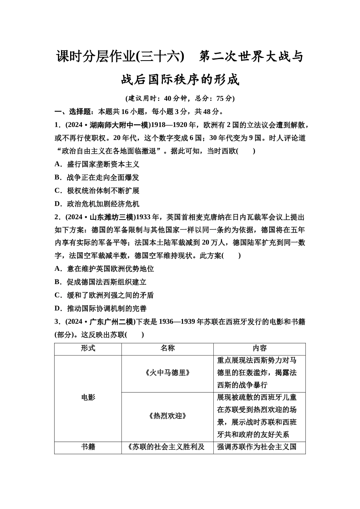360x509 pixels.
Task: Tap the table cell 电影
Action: (x=88, y=397)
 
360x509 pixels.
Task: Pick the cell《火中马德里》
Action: (x=167, y=373)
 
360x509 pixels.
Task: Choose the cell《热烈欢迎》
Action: (x=167, y=416)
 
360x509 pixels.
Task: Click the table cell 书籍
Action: (x=88, y=447)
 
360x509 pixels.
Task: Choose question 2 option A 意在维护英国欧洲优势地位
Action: (x=104, y=269)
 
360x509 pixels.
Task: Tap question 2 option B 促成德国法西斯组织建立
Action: (x=100, y=282)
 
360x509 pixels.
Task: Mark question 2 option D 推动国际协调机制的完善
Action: (x=100, y=309)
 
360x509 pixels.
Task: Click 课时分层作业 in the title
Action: (x=95, y=57)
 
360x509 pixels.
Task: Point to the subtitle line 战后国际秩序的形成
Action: (x=180, y=80)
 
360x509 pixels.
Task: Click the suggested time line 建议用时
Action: (x=180, y=98)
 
